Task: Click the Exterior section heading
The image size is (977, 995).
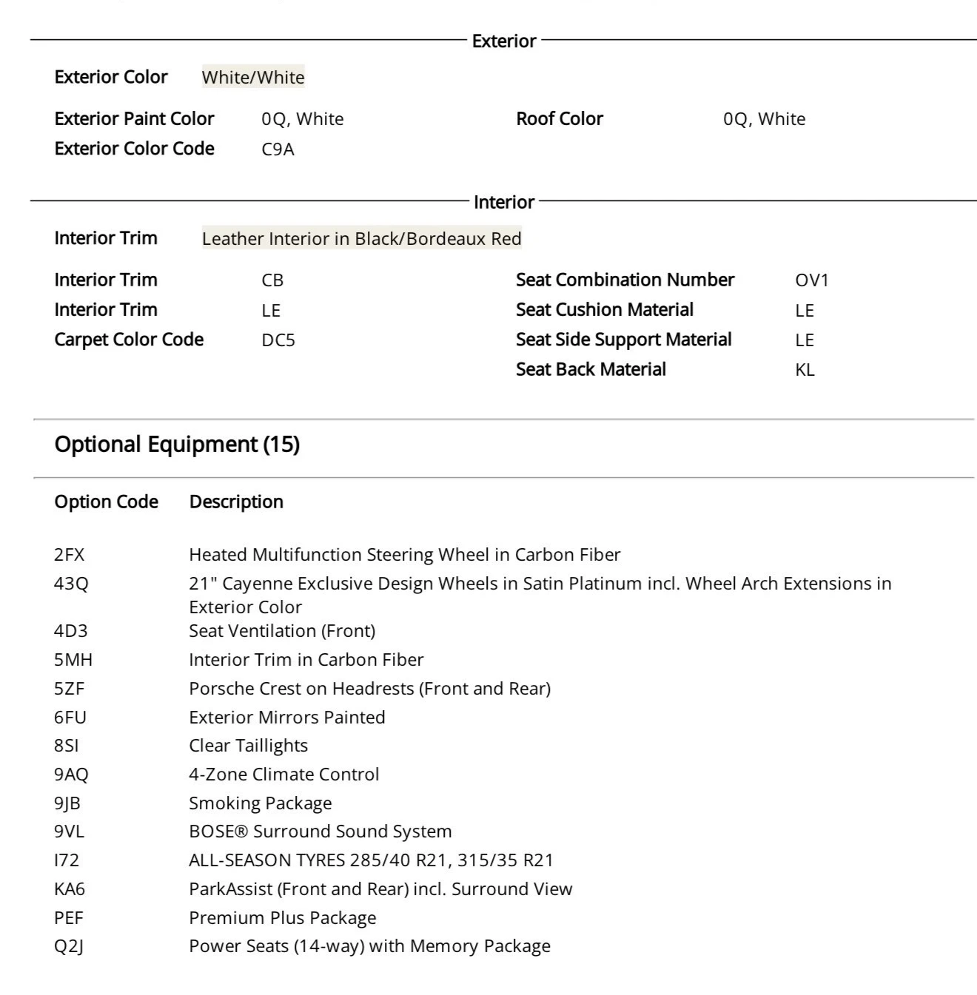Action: coord(503,41)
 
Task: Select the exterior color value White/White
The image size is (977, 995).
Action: coord(253,77)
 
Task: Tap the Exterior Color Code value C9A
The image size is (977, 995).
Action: coord(278,149)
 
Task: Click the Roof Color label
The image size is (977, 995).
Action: coord(560,118)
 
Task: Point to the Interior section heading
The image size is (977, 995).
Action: coord(503,202)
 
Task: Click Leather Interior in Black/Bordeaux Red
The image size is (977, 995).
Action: coord(361,238)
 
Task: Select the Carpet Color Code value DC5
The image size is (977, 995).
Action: coord(278,340)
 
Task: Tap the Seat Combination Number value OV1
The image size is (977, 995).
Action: coord(812,280)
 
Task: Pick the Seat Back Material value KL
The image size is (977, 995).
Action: coord(805,370)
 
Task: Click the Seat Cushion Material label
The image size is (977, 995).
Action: coord(605,310)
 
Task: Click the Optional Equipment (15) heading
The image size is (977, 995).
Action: coord(177,444)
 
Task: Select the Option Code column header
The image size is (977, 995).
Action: coord(106,502)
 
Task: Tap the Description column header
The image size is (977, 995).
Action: coord(236,502)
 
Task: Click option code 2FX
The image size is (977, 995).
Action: coord(69,555)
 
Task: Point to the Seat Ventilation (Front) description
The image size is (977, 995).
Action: coord(282,631)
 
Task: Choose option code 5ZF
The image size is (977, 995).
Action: coord(69,689)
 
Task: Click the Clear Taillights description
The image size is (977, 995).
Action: coord(248,746)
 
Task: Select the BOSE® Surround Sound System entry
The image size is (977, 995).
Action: coord(320,832)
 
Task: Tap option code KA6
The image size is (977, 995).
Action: coord(70,889)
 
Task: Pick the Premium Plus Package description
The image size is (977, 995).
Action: coord(282,918)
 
